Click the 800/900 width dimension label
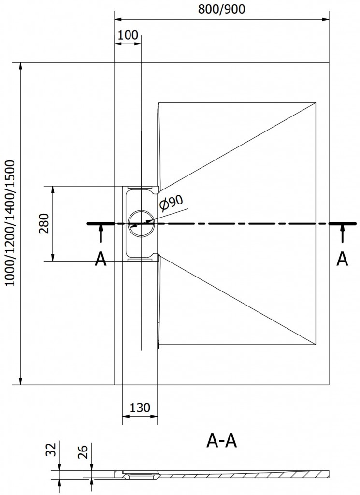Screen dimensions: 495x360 point(221,9)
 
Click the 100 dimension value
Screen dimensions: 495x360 point(128,35)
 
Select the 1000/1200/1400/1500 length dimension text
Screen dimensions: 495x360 point(11,223)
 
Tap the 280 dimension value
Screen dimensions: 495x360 point(44,223)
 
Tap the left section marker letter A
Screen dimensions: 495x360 point(101,259)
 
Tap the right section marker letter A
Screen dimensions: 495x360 point(342,259)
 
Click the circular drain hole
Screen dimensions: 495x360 point(141,224)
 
